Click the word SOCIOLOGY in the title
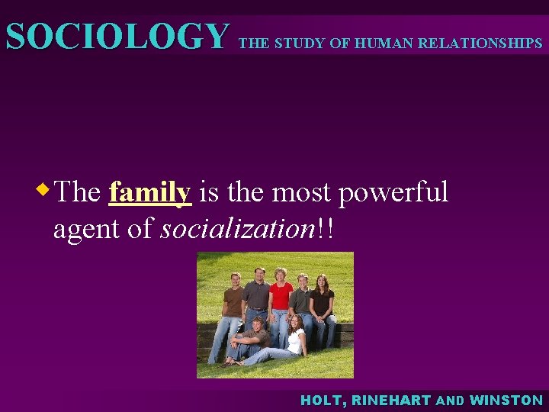117,36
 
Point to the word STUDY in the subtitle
300,43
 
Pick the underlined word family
150,192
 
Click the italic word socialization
233,228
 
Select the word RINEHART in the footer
394,400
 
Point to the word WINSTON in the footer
507,400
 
